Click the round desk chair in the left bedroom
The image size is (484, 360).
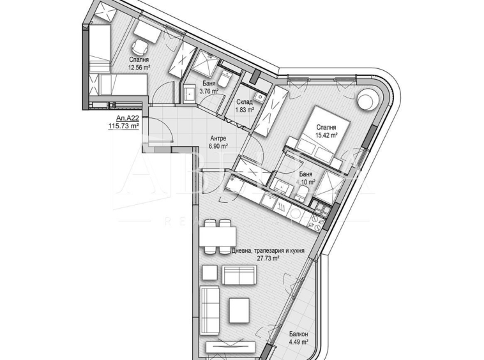139,46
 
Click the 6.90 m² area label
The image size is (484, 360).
218,146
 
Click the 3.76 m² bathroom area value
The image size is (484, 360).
209,91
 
